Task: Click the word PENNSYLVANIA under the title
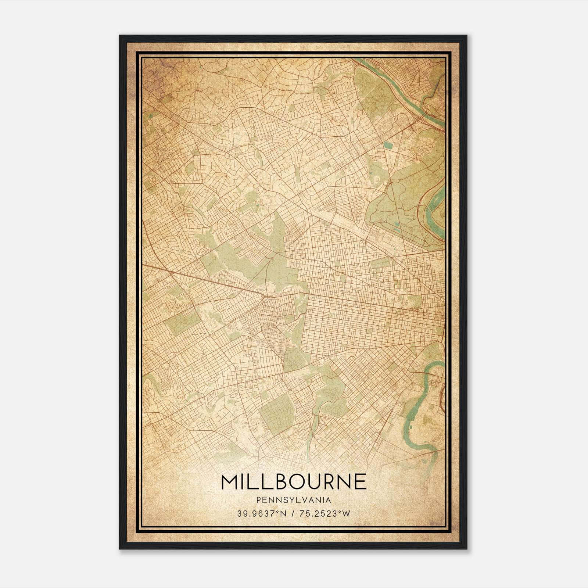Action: click(x=294, y=500)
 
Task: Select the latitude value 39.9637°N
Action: click(x=261, y=513)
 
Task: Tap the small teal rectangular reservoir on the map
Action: click(x=388, y=146)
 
